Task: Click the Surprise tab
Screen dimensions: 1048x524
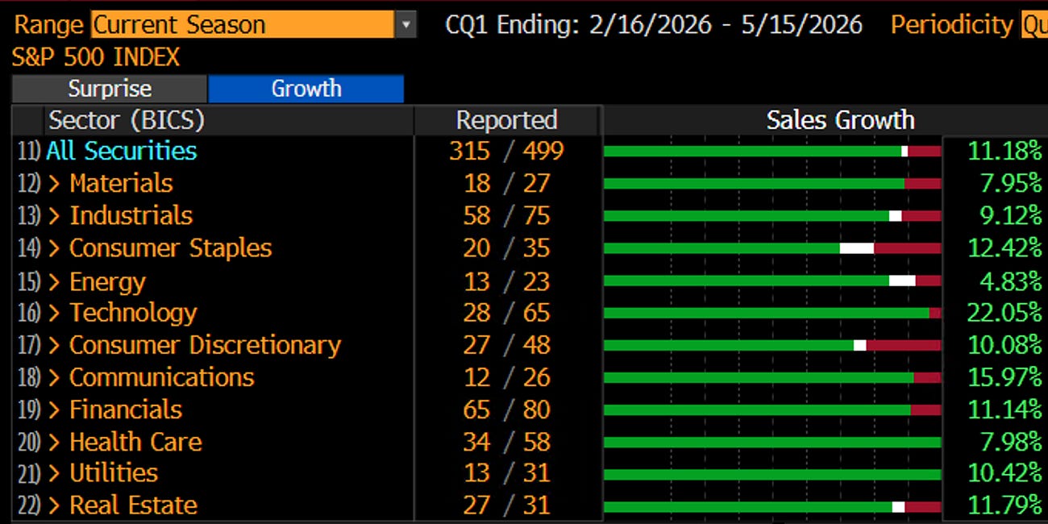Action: click(110, 89)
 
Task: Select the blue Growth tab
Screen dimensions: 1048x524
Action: click(306, 89)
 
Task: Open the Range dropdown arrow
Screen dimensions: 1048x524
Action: click(405, 24)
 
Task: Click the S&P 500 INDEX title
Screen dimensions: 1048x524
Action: click(96, 57)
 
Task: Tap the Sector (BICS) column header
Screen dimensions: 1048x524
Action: click(127, 120)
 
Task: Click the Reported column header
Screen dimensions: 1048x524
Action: click(507, 120)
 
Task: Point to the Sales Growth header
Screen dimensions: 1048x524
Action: click(840, 120)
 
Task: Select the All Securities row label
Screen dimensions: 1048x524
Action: click(122, 151)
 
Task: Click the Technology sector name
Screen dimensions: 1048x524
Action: click(133, 313)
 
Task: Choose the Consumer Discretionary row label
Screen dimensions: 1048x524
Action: click(206, 345)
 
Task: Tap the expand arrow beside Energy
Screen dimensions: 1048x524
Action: click(54, 281)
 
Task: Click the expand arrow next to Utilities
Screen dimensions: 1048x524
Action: click(54, 473)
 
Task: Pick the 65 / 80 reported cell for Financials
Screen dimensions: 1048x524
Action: click(507, 410)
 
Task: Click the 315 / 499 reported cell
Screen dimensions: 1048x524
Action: click(507, 151)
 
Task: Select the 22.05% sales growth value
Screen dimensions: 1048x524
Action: click(1004, 313)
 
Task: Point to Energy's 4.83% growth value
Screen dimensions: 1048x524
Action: click(1011, 281)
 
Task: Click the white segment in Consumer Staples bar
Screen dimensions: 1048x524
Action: click(857, 248)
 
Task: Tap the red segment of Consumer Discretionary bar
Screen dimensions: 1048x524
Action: click(904, 345)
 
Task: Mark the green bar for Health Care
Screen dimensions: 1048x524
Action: click(772, 442)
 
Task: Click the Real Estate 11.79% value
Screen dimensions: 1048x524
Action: click(1004, 505)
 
